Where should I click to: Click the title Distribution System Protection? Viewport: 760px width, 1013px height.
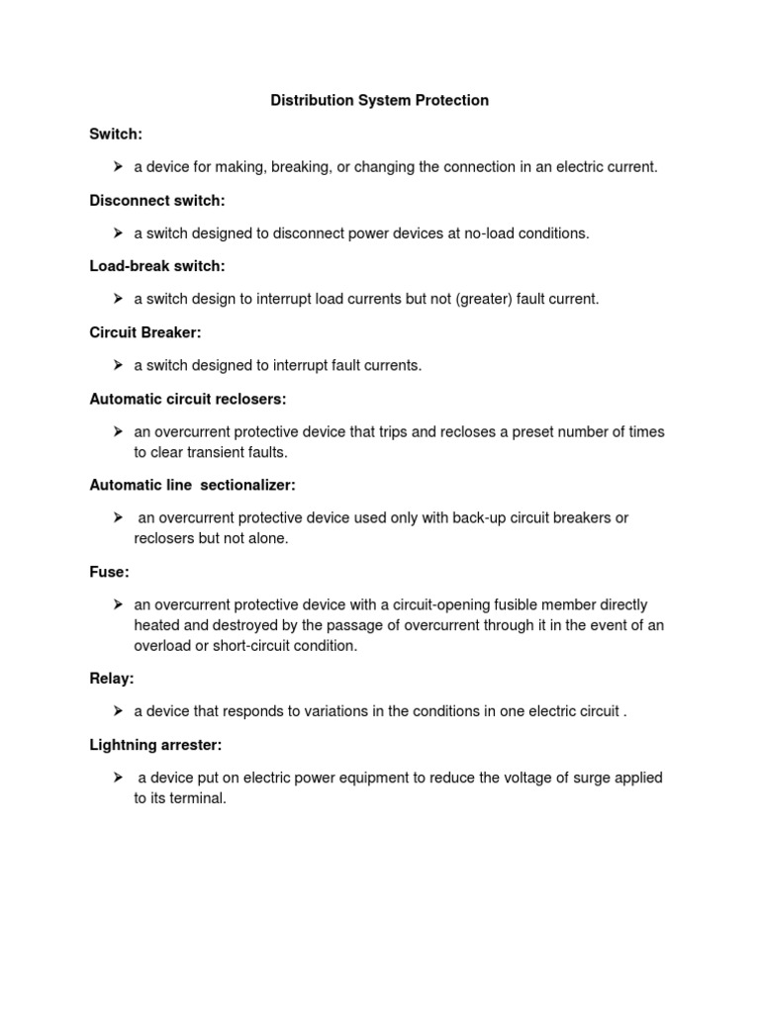tap(380, 101)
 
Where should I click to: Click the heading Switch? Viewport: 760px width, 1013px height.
tap(116, 134)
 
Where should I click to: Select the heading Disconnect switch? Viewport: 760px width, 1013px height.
tap(157, 201)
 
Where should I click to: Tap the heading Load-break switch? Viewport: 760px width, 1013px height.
tap(157, 266)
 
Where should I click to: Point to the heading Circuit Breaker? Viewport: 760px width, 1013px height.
tap(144, 332)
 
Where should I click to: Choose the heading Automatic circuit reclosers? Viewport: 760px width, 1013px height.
tap(187, 399)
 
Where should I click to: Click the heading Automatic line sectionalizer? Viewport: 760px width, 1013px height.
tap(192, 485)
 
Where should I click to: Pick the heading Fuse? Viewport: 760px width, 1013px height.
tap(109, 572)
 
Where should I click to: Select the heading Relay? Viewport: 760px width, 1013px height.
tap(112, 678)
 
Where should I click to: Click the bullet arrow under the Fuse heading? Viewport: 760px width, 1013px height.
tap(117, 603)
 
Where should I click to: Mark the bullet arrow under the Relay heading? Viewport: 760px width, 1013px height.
tap(117, 710)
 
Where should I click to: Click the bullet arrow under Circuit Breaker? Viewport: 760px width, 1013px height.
tap(117, 365)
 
